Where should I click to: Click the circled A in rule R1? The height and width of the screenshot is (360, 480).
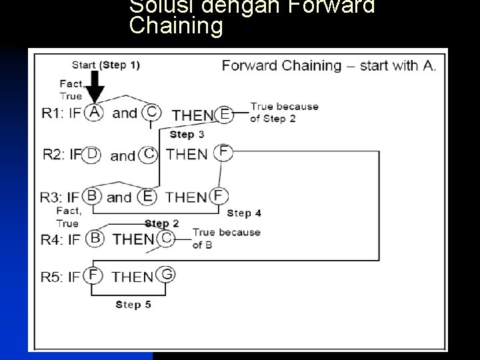(x=95, y=113)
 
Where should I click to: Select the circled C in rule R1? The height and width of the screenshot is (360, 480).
(x=152, y=113)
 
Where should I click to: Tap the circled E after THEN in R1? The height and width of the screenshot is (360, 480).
(x=225, y=115)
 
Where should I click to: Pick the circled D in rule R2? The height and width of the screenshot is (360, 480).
(x=93, y=154)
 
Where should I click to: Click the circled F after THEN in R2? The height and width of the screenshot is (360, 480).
(x=224, y=153)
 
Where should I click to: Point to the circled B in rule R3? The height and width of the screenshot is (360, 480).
(x=93, y=197)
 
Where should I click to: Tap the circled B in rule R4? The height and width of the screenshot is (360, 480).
(x=96, y=238)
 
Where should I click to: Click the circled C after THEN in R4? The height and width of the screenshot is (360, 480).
(x=167, y=238)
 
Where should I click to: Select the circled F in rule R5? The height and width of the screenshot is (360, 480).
(x=93, y=275)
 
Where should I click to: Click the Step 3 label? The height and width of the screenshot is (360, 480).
(x=187, y=135)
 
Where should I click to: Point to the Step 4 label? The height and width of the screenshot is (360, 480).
(x=244, y=213)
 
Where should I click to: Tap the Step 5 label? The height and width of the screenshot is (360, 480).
(x=133, y=304)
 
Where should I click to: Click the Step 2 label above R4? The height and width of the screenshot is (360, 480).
(x=161, y=223)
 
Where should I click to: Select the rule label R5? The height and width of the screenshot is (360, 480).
(x=55, y=276)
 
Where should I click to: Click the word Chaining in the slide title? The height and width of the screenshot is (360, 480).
(x=176, y=27)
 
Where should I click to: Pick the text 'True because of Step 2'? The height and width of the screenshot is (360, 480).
(x=284, y=112)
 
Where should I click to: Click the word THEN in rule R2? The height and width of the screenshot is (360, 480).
(x=187, y=154)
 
